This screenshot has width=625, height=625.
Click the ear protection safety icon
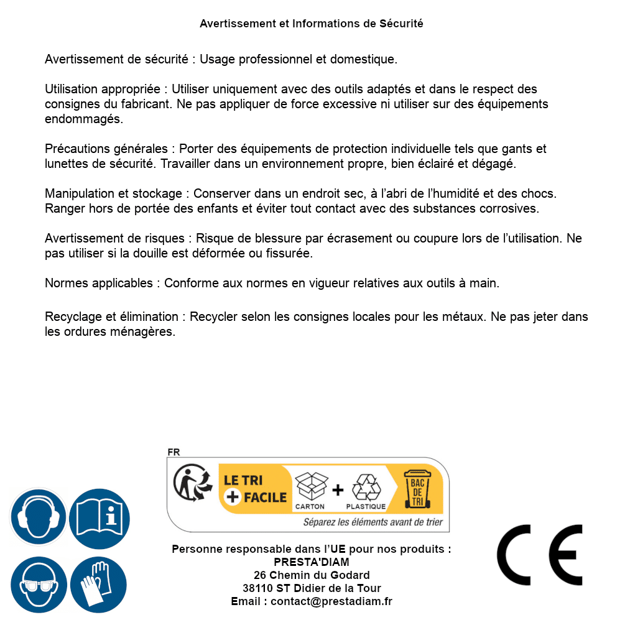pyautogui.click(x=39, y=516)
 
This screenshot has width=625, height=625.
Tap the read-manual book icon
pyautogui.click(x=99, y=516)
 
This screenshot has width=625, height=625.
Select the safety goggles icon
pyautogui.click(x=39, y=584)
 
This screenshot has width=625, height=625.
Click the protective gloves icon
pyautogui.click(x=99, y=584)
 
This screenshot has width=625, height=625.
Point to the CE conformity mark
pyautogui.click(x=539, y=555)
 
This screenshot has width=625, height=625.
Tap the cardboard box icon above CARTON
pyautogui.click(x=310, y=486)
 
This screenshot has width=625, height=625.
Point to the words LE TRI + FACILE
pyautogui.click(x=254, y=489)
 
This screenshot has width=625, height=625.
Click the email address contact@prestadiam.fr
pyautogui.click(x=331, y=601)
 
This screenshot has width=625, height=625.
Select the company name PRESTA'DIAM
pyautogui.click(x=312, y=562)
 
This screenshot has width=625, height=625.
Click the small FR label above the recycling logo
pyautogui.click(x=174, y=452)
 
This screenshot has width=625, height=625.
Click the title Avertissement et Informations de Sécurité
pyautogui.click(x=312, y=24)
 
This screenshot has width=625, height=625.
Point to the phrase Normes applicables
pyautogui.click(x=98, y=284)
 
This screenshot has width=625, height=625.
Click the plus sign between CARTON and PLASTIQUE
pyautogui.click(x=338, y=489)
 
